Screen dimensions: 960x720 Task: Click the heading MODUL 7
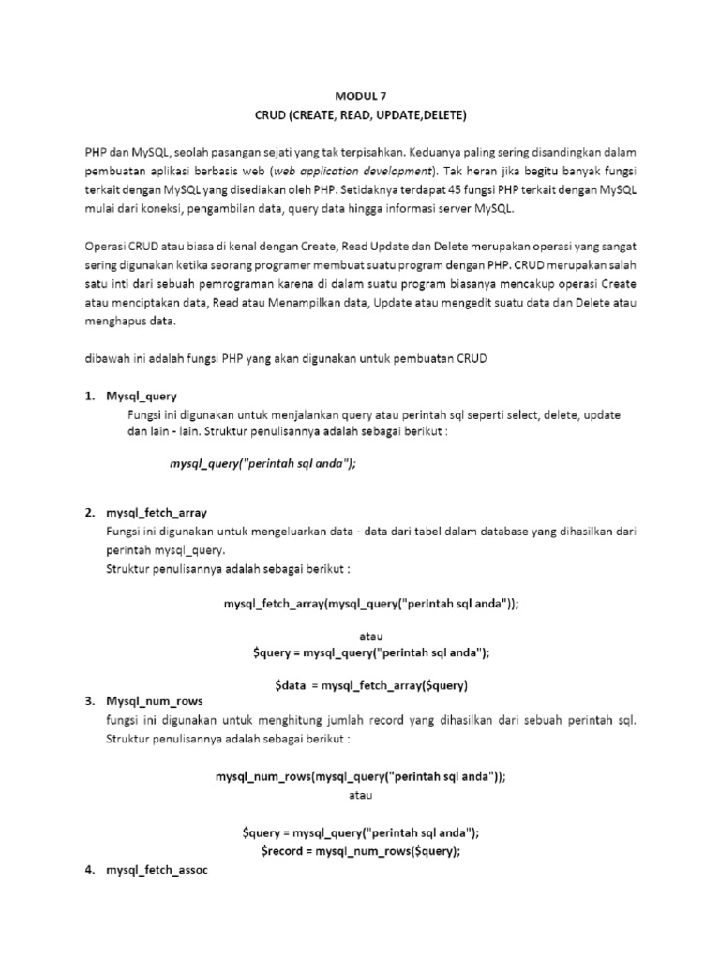[x=360, y=96]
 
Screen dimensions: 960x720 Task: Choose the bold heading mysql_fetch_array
[x=157, y=513]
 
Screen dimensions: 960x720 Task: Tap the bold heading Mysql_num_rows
[x=155, y=701]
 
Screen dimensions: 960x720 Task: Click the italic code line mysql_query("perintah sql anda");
[x=263, y=463]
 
